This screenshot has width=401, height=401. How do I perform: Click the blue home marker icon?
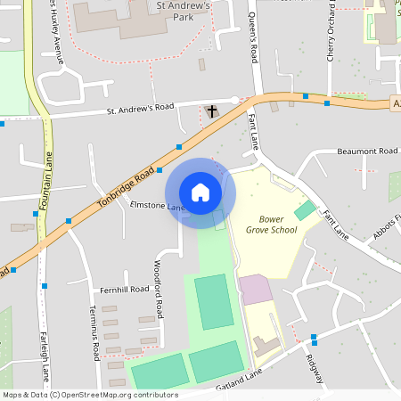click(x=200, y=192)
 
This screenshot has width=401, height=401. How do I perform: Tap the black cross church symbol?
click(x=212, y=112)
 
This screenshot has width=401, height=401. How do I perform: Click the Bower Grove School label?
click(x=272, y=224)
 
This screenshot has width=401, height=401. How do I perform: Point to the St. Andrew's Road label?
click(x=140, y=110)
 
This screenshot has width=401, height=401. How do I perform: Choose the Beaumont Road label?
click(x=367, y=151)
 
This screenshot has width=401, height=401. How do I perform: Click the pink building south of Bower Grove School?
click(x=255, y=289)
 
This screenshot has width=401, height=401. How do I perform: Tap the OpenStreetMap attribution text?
click(x=90, y=395)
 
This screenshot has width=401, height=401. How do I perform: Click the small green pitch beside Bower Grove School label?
click(x=306, y=210)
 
